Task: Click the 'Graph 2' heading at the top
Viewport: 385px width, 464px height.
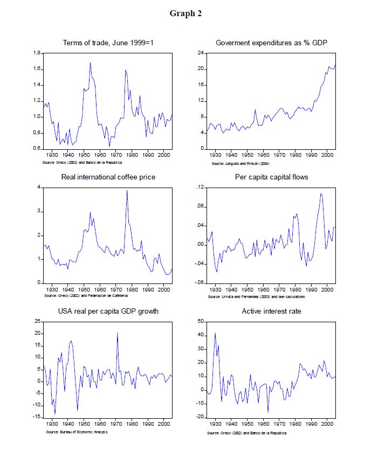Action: [185, 13]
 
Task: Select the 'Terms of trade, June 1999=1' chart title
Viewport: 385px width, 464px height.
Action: [108, 43]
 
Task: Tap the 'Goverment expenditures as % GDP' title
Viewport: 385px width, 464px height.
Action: [271, 43]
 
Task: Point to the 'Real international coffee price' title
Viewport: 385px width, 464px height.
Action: [108, 177]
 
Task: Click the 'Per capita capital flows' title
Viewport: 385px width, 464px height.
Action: [271, 177]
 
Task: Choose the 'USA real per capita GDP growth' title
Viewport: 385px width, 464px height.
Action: [108, 311]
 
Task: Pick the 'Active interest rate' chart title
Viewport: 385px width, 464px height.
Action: [271, 311]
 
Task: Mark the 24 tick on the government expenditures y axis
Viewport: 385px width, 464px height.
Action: [200, 53]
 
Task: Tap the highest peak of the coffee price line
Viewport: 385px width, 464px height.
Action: [127, 190]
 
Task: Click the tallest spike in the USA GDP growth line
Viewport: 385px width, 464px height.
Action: [117, 333]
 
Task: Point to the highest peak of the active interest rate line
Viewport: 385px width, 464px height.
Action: [215, 333]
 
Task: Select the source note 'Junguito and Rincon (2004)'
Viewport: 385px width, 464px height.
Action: [240, 163]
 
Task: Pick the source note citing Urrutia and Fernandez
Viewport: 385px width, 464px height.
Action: [258, 296]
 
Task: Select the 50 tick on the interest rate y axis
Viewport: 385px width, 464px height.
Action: [200, 321]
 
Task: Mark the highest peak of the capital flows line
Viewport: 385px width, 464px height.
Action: [321, 193]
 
